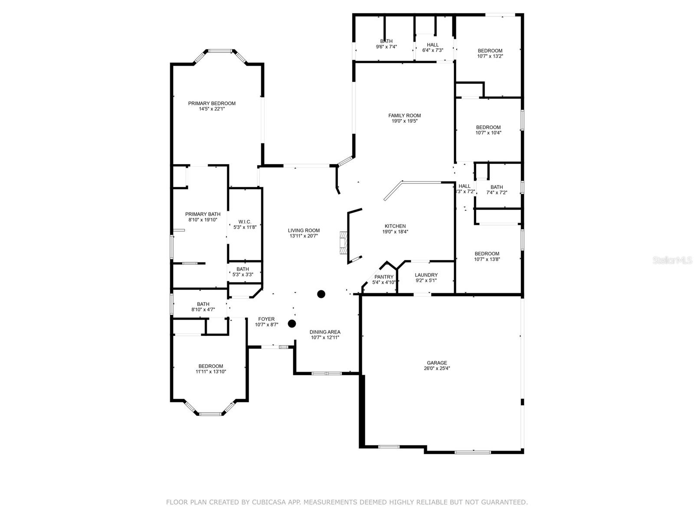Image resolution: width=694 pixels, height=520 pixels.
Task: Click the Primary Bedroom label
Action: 212,103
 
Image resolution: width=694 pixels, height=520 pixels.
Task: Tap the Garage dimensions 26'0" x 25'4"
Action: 436,369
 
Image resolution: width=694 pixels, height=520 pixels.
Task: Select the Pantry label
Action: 384,277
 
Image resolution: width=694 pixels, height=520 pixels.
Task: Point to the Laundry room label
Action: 426,275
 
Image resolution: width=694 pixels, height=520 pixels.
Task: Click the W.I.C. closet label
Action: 245,222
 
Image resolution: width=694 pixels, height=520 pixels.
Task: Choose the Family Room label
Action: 404,115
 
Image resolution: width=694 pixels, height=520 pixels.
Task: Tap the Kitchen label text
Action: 395,226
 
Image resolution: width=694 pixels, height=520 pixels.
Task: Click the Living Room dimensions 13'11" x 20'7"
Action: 304,236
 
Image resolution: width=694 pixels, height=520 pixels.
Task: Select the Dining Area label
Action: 325,332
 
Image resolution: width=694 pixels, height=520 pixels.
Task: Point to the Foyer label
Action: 266,319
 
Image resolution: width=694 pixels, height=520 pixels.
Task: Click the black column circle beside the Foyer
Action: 292,323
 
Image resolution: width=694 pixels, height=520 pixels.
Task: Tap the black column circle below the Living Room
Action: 321,294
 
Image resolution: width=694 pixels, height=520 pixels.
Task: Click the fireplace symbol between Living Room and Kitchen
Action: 344,243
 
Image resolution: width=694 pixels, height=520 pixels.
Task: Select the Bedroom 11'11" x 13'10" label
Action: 211,366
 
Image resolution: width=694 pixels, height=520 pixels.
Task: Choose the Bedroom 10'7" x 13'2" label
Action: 490,51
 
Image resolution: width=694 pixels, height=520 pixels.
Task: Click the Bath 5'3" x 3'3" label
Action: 243,269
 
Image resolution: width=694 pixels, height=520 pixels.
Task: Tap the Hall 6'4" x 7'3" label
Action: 432,45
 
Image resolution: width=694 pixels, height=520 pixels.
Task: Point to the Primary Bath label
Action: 203,214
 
